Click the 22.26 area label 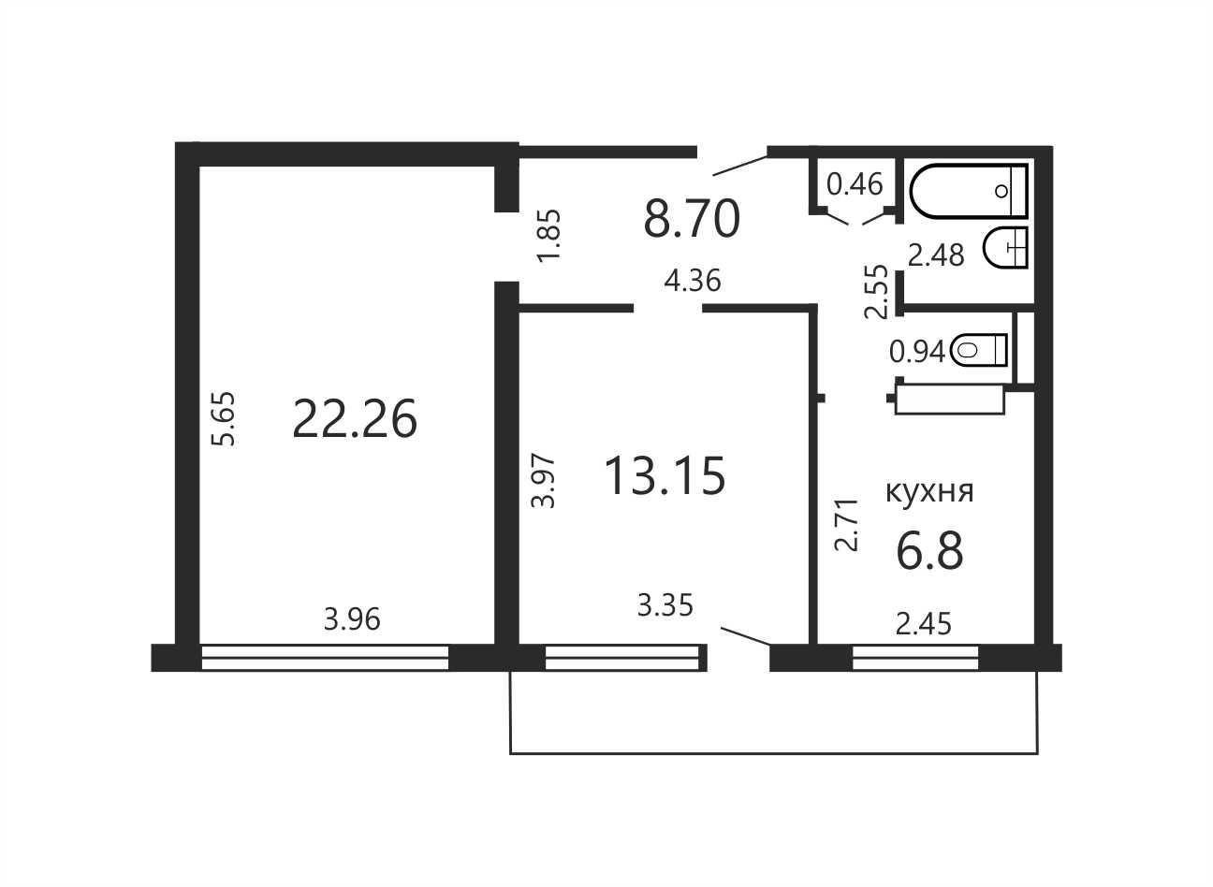point(355,419)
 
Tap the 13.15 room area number point(665,475)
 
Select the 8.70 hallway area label point(692,219)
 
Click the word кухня point(929,492)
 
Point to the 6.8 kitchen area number point(929,550)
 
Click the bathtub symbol point(969,191)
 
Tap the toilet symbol point(978,350)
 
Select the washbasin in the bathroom point(1005,248)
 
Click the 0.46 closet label point(855,184)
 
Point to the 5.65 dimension point(224,419)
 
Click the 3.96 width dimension point(352,618)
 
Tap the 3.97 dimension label point(543,481)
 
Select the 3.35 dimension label point(665,605)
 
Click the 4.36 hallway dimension point(693,281)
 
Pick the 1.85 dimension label point(548,235)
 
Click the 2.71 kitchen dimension point(846,524)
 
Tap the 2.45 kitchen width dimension point(923,623)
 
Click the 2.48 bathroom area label point(936,255)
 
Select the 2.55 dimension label point(877,291)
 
